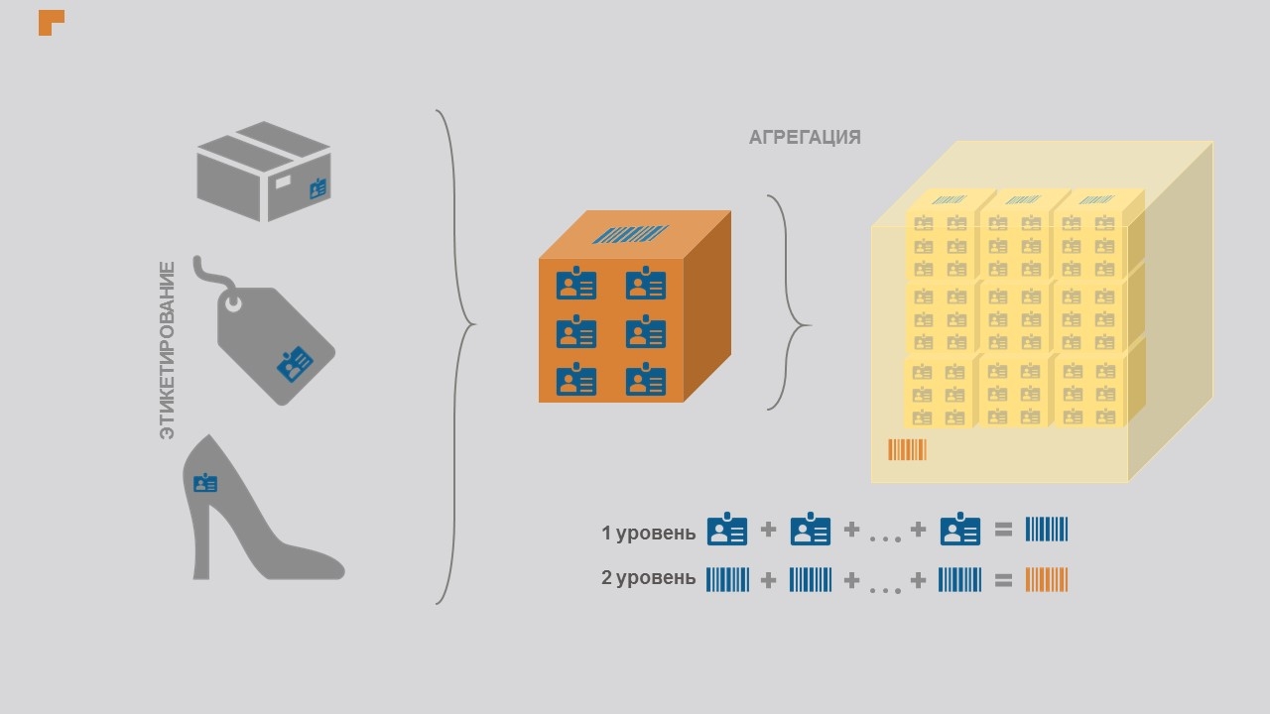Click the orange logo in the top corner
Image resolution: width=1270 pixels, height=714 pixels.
click(50, 21)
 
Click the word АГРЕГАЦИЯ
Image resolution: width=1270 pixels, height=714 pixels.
click(805, 138)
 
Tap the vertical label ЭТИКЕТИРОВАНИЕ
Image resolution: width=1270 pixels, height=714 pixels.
click(167, 350)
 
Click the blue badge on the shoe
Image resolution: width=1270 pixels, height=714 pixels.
click(205, 483)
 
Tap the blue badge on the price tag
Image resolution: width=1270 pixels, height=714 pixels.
click(295, 364)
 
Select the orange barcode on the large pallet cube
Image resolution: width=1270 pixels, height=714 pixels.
click(907, 450)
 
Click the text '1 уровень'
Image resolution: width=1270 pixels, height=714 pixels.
click(648, 533)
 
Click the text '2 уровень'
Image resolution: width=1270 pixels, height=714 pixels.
click(648, 578)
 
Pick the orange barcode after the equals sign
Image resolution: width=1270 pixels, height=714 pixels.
click(1046, 579)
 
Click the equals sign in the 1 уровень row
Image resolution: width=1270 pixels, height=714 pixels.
click(1003, 530)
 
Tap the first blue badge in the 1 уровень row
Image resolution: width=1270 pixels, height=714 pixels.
click(726, 530)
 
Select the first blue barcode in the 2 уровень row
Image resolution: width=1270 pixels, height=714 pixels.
click(727, 579)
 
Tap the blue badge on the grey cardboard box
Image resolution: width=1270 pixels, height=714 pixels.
click(317, 187)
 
